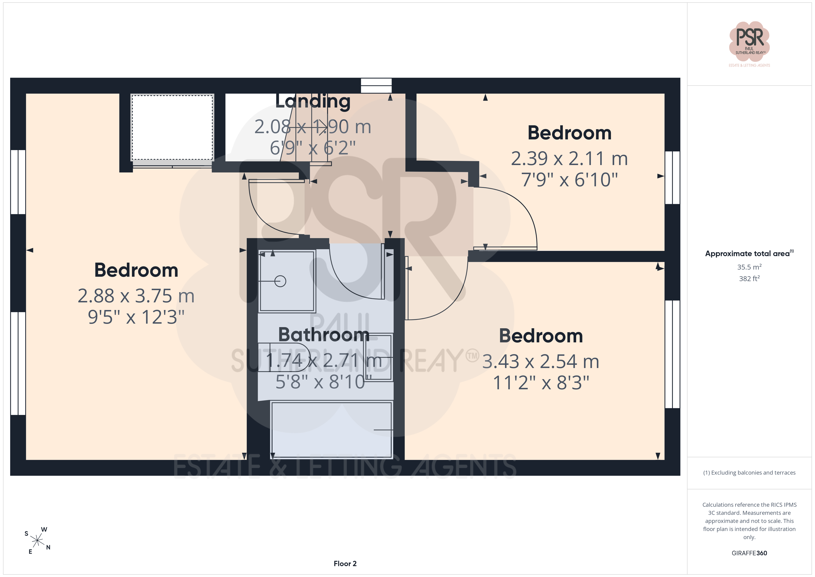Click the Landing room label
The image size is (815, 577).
313,102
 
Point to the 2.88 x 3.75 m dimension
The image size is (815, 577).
136,296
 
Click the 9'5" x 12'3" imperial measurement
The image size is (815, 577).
136,317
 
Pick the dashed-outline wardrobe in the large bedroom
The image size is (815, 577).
172,127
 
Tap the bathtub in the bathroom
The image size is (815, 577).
331,430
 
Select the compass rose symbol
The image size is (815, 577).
37,541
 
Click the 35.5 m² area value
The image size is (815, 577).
749,267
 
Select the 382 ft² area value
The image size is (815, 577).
749,279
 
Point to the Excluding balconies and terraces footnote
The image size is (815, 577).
749,473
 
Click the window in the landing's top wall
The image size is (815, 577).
376,86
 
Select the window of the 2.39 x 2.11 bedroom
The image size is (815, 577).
672,178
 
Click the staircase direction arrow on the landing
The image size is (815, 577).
320,126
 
